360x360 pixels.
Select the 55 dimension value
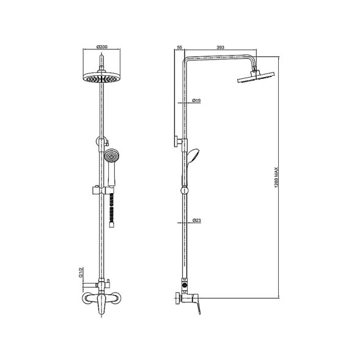click(x=179, y=47)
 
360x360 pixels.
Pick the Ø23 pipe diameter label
click(x=197, y=221)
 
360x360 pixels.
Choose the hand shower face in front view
click(x=111, y=156)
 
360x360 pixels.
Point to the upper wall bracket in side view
click(x=177, y=142)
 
